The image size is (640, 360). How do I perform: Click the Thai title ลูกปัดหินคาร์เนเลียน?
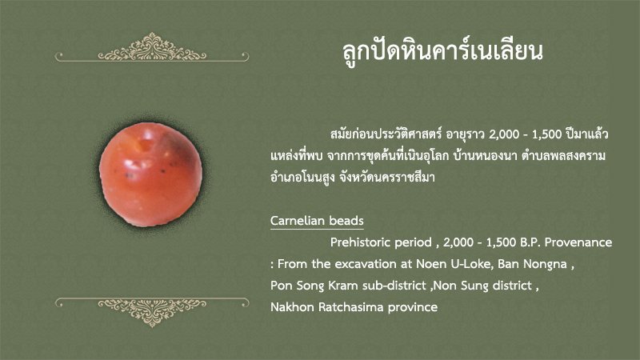point(443,51)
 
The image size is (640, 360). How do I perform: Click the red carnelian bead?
point(150,174)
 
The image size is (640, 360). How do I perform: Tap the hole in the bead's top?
point(146,145)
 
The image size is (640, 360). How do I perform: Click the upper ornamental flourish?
point(152,48)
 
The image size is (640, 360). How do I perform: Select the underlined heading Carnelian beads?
point(317,221)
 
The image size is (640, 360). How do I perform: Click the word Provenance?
point(578,242)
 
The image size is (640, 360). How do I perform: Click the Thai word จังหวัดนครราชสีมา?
point(387,178)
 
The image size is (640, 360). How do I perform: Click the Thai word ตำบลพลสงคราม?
point(563,156)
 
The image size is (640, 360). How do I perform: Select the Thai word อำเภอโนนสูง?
point(302,178)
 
